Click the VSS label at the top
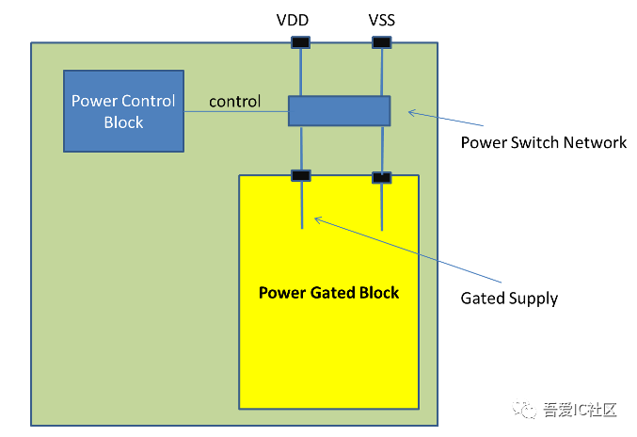[381, 19]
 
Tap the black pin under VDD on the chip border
[300, 42]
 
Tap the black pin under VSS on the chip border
[381, 42]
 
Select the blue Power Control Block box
[123, 110]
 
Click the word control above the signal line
[234, 101]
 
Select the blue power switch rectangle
[339, 111]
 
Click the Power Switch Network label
[543, 143]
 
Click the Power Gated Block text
[328, 293]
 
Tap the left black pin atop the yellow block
[300, 175]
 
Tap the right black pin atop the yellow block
[381, 176]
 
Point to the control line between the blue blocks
[235, 113]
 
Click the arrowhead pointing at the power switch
[409, 113]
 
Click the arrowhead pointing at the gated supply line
[317, 219]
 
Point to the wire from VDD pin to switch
[301, 72]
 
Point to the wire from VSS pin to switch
[382, 72]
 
